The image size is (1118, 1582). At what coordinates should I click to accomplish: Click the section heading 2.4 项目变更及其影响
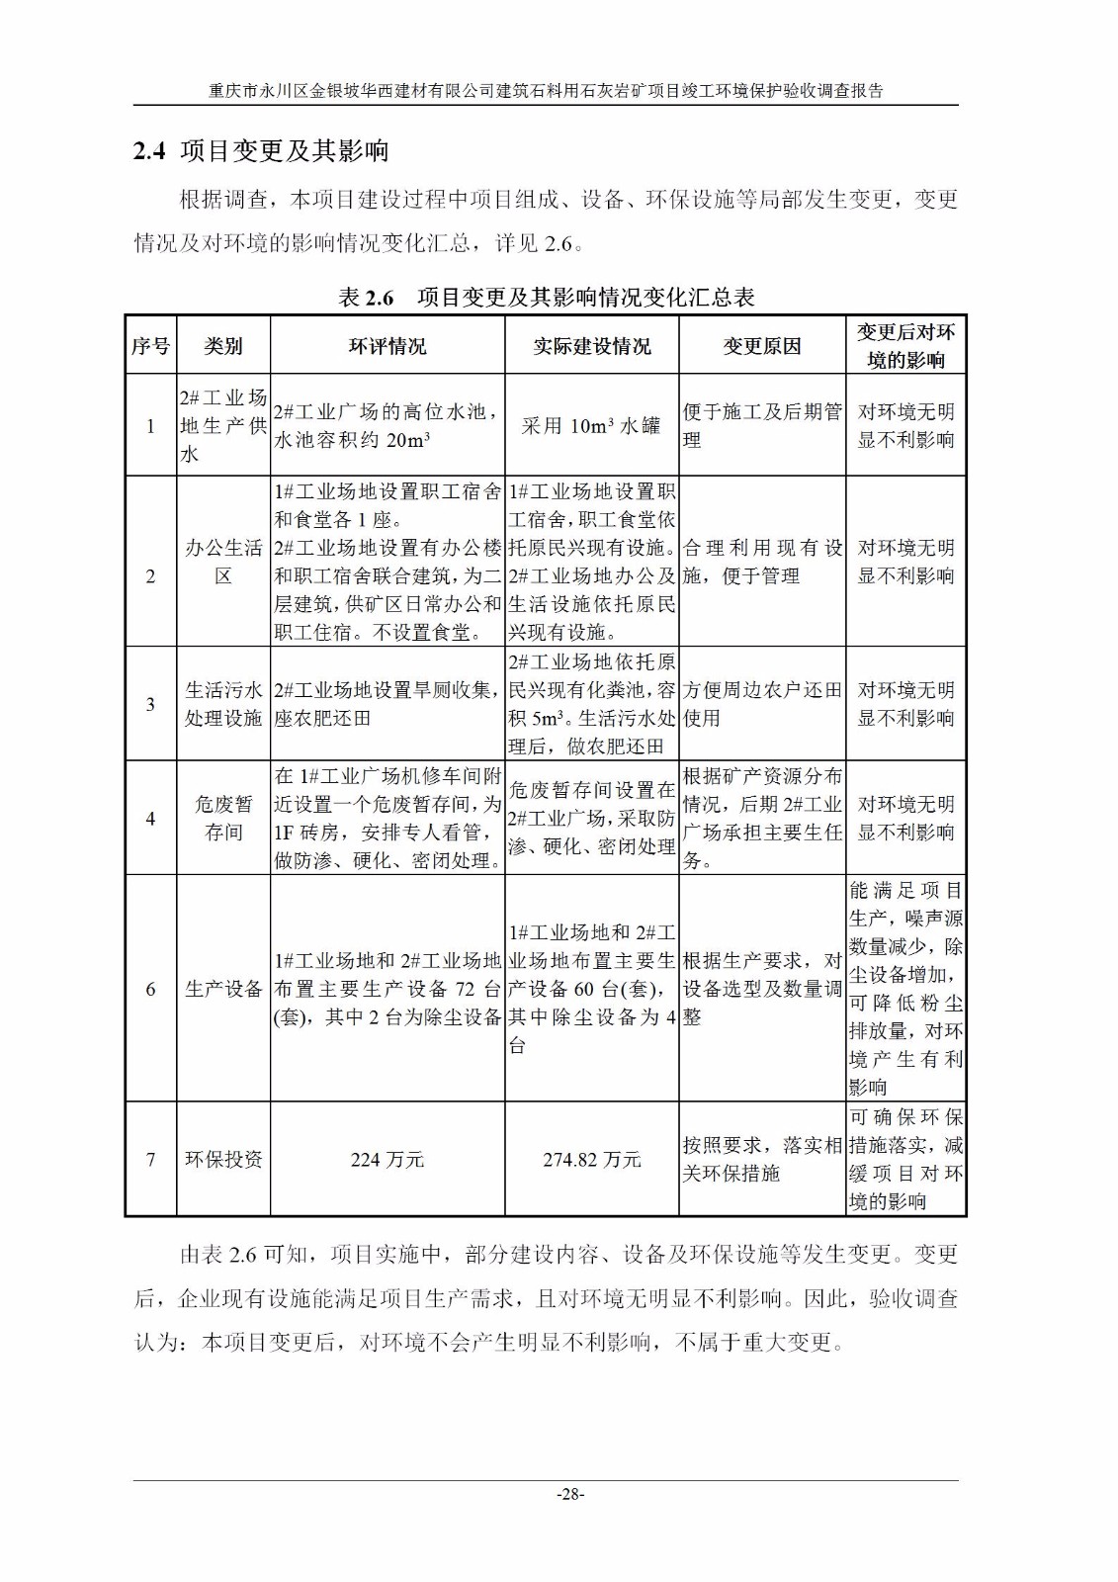click(x=262, y=151)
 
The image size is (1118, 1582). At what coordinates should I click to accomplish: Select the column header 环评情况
click(x=387, y=346)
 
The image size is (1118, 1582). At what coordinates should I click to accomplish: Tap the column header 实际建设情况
click(x=591, y=346)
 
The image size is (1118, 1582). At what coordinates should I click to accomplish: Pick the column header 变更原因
click(x=761, y=346)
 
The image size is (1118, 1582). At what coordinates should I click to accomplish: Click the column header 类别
click(x=223, y=346)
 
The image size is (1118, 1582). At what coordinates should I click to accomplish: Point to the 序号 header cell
click(x=150, y=346)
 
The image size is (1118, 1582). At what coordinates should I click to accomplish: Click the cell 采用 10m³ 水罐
click(x=591, y=425)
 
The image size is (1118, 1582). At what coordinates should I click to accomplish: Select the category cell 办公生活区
click(x=223, y=562)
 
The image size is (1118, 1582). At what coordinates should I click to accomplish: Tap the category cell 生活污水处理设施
click(x=223, y=704)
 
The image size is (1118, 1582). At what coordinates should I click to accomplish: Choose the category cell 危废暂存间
click(x=223, y=819)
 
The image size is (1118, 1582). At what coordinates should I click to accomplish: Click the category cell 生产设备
click(x=223, y=989)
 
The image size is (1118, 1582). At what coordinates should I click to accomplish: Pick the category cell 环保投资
click(x=223, y=1160)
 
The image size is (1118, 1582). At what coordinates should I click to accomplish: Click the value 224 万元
click(x=387, y=1160)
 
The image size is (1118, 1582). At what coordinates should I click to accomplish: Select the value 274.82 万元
click(x=591, y=1160)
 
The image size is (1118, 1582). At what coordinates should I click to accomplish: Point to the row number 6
click(x=150, y=989)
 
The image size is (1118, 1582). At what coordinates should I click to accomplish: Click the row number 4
click(x=150, y=819)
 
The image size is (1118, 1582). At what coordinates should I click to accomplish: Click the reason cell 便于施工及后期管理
click(x=761, y=425)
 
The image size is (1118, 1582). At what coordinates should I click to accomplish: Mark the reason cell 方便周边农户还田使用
click(x=761, y=704)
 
